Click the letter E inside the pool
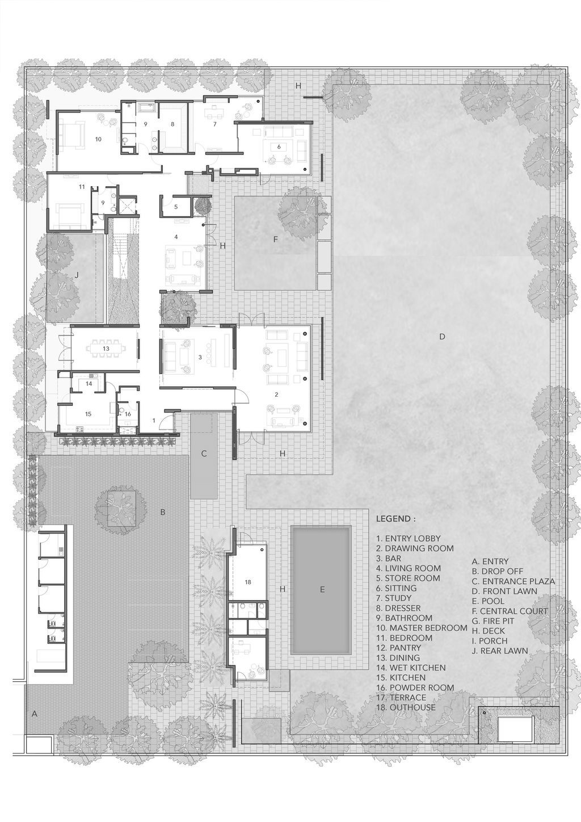[322, 590]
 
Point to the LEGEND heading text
[395, 519]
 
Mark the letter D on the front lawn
[442, 337]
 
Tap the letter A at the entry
[34, 714]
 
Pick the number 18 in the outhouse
[248, 582]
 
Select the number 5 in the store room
[176, 207]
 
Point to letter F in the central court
[275, 240]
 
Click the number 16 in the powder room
[128, 414]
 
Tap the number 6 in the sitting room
[279, 146]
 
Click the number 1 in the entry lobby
[153, 421]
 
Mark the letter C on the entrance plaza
[204, 454]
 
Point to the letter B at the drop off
[162, 512]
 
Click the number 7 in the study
[215, 124]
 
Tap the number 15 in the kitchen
[88, 414]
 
